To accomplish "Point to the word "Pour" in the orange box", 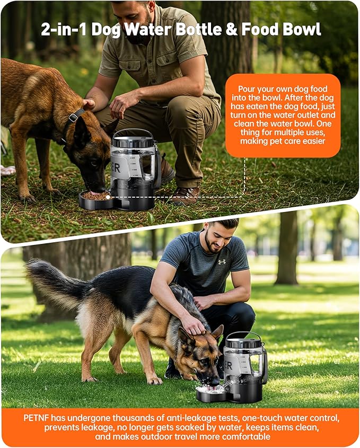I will [x=248, y=89].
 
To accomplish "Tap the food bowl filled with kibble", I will [x=95, y=196].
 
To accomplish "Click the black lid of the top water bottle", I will [x=133, y=142].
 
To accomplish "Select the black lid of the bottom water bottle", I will [x=243, y=342].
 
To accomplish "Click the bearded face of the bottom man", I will [x=215, y=238].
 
